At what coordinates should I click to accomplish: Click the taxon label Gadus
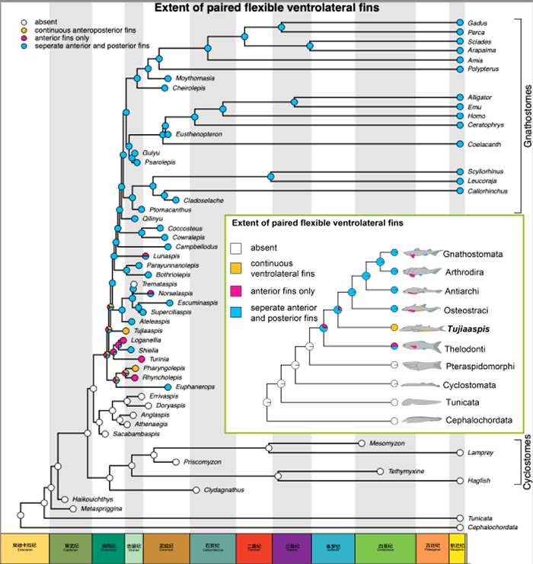tap(477, 24)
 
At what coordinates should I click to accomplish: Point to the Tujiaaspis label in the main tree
tap(145, 332)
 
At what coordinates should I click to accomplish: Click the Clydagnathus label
tap(224, 489)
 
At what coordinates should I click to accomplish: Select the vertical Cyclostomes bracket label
tap(524, 464)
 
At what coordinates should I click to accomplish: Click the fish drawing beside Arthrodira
tap(419, 271)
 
